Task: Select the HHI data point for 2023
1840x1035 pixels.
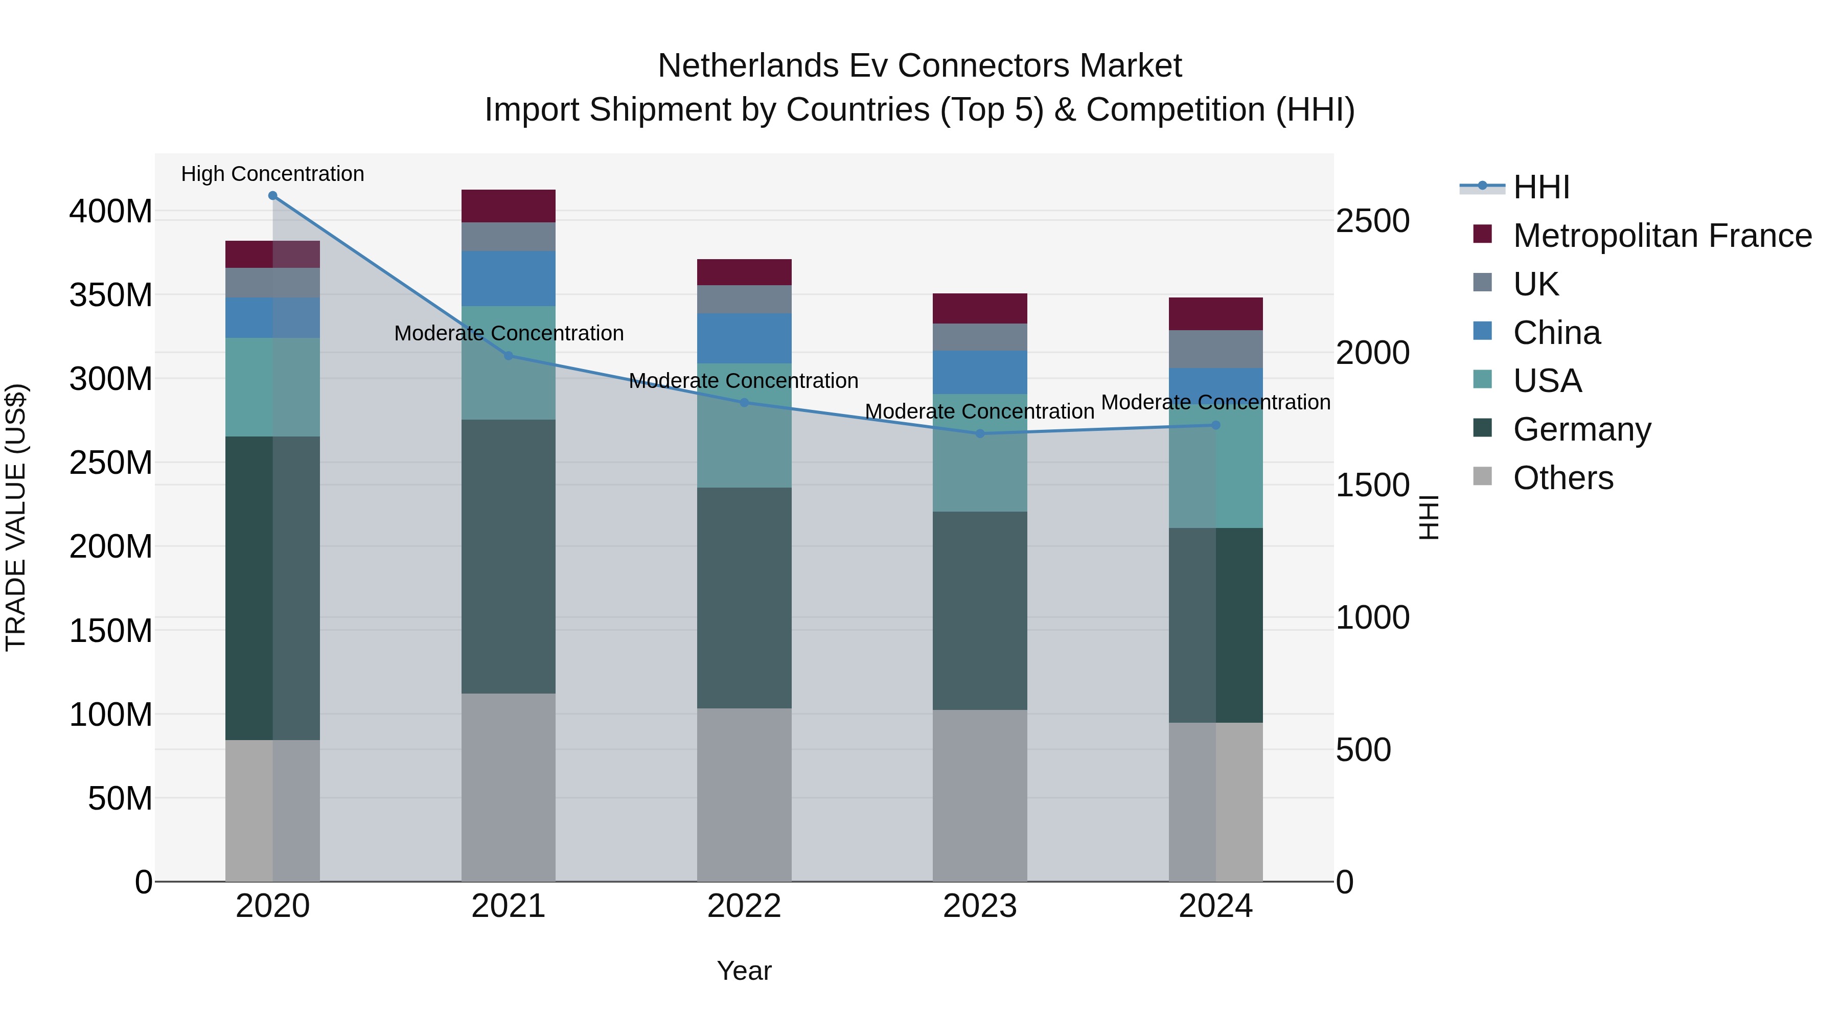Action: [980, 433]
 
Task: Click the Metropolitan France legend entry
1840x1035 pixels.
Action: [1662, 236]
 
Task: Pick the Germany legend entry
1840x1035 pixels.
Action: [1581, 429]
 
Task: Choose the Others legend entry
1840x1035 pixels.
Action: [1563, 478]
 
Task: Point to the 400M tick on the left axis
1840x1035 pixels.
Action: [111, 212]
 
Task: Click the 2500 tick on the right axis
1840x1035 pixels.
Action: [1372, 221]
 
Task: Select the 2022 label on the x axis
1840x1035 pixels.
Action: [744, 906]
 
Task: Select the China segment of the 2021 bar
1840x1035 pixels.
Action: [508, 278]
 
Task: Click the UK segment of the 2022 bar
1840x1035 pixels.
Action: [744, 300]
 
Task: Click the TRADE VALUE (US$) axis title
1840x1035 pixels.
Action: [16, 517]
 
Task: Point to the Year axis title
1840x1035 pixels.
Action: [744, 971]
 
